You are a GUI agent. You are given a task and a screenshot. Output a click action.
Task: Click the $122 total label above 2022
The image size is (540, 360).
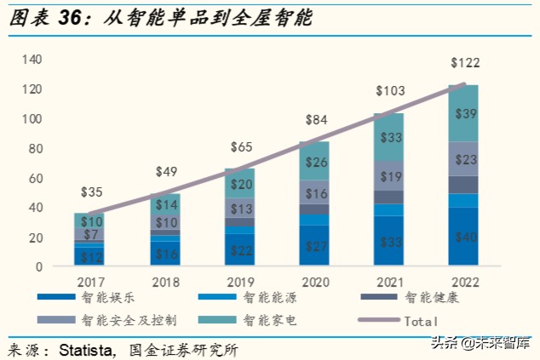click(x=465, y=63)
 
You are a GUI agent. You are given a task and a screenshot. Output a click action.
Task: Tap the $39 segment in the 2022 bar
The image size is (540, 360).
click(x=465, y=113)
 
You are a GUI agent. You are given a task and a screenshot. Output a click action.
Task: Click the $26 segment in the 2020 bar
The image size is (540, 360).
click(x=314, y=162)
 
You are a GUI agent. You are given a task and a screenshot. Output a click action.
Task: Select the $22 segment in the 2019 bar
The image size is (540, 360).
click(x=241, y=251)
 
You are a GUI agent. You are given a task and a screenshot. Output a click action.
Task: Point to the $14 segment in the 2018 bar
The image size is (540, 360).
click(x=168, y=204)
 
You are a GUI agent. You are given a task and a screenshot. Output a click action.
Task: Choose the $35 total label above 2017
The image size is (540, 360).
click(x=91, y=191)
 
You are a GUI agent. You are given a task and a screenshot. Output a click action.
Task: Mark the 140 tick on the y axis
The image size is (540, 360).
click(x=32, y=60)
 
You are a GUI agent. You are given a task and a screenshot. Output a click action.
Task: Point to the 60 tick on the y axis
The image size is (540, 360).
click(x=34, y=178)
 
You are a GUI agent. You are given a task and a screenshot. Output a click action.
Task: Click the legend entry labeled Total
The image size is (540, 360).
click(x=421, y=321)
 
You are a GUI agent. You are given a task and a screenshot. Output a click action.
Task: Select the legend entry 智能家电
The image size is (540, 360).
click(x=271, y=321)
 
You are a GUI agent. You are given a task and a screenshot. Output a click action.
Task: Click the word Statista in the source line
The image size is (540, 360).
click(x=90, y=349)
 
